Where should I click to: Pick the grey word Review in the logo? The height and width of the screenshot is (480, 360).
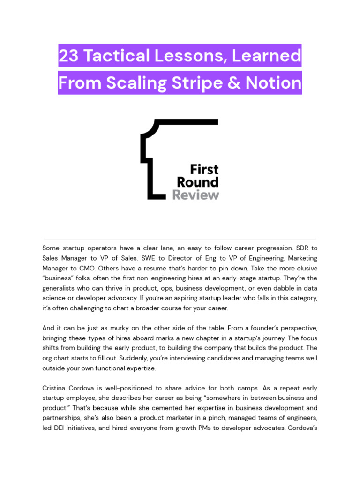(195, 195)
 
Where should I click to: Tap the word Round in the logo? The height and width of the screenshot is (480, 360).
(197, 182)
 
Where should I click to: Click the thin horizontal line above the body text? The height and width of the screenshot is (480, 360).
(180, 240)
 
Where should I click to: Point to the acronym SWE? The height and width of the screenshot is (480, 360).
(160, 258)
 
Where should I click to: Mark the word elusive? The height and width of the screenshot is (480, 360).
(306, 268)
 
